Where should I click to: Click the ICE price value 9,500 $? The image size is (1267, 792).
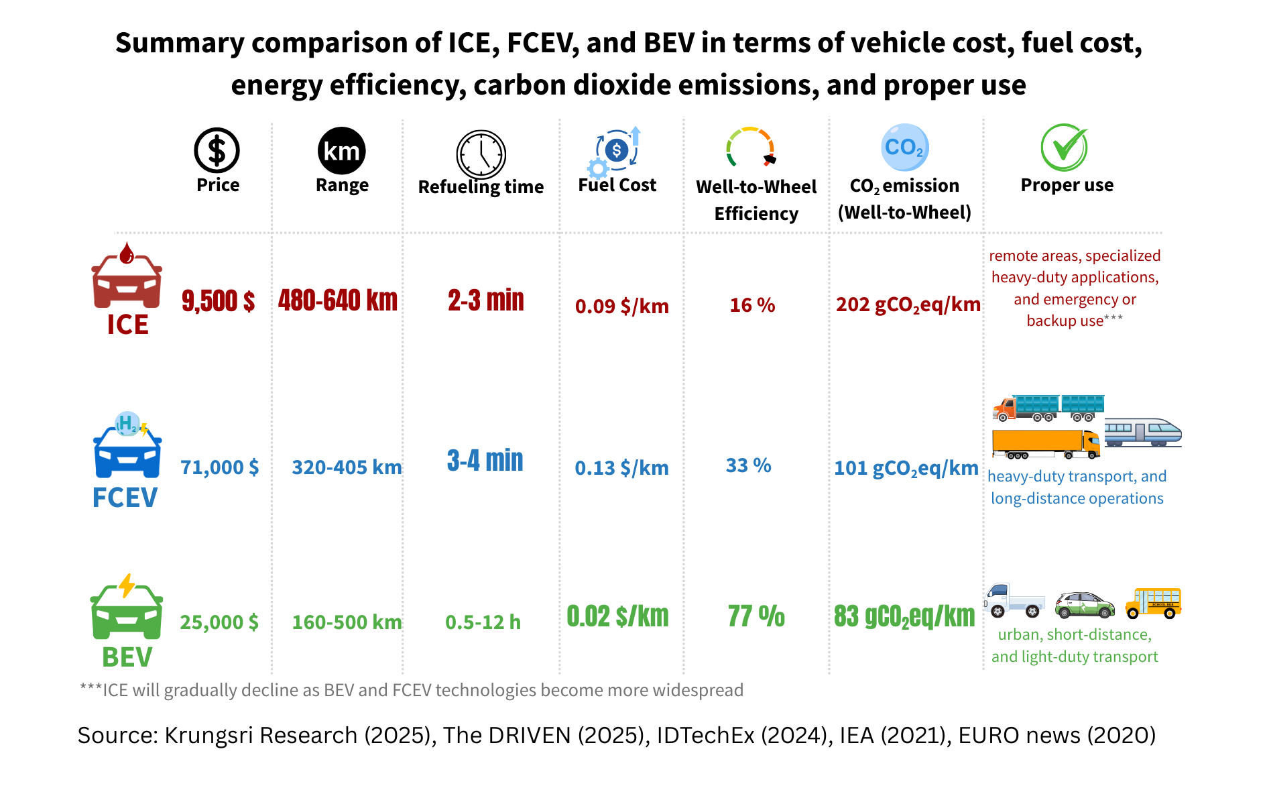pyautogui.click(x=218, y=301)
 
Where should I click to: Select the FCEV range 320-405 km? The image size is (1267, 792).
pyautogui.click(x=347, y=467)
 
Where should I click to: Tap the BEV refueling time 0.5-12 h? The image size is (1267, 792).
pyautogui.click(x=483, y=622)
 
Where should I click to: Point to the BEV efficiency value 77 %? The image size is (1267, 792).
pyautogui.click(x=756, y=616)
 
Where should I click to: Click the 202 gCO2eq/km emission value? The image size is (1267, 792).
pyautogui.click(x=908, y=305)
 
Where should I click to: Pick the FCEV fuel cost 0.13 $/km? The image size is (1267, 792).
pyautogui.click(x=621, y=468)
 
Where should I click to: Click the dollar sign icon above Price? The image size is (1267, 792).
pyautogui.click(x=217, y=150)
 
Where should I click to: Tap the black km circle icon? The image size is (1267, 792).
pyautogui.click(x=342, y=151)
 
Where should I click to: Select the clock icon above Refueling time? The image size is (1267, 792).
pyautogui.click(x=481, y=154)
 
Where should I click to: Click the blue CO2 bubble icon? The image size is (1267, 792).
pyautogui.click(x=904, y=148)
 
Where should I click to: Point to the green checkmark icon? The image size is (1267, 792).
pyautogui.click(x=1065, y=147)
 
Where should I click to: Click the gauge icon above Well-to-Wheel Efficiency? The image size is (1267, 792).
pyautogui.click(x=751, y=147)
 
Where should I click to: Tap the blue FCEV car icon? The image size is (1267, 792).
pyautogui.click(x=127, y=446)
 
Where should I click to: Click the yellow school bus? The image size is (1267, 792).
pyautogui.click(x=1153, y=602)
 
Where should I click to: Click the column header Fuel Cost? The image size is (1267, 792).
pyautogui.click(x=617, y=185)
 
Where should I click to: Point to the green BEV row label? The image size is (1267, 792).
pyautogui.click(x=127, y=657)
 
